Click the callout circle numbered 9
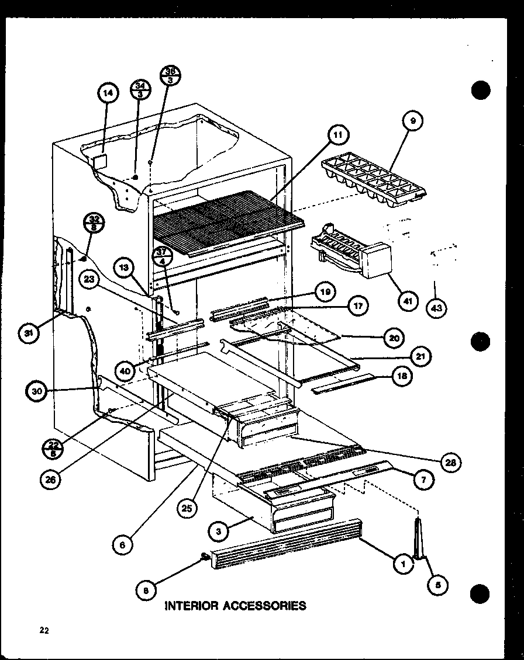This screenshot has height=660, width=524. (x=413, y=122)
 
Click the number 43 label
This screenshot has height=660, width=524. (x=435, y=309)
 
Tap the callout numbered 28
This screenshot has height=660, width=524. (x=450, y=463)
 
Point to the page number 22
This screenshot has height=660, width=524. (x=44, y=629)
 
